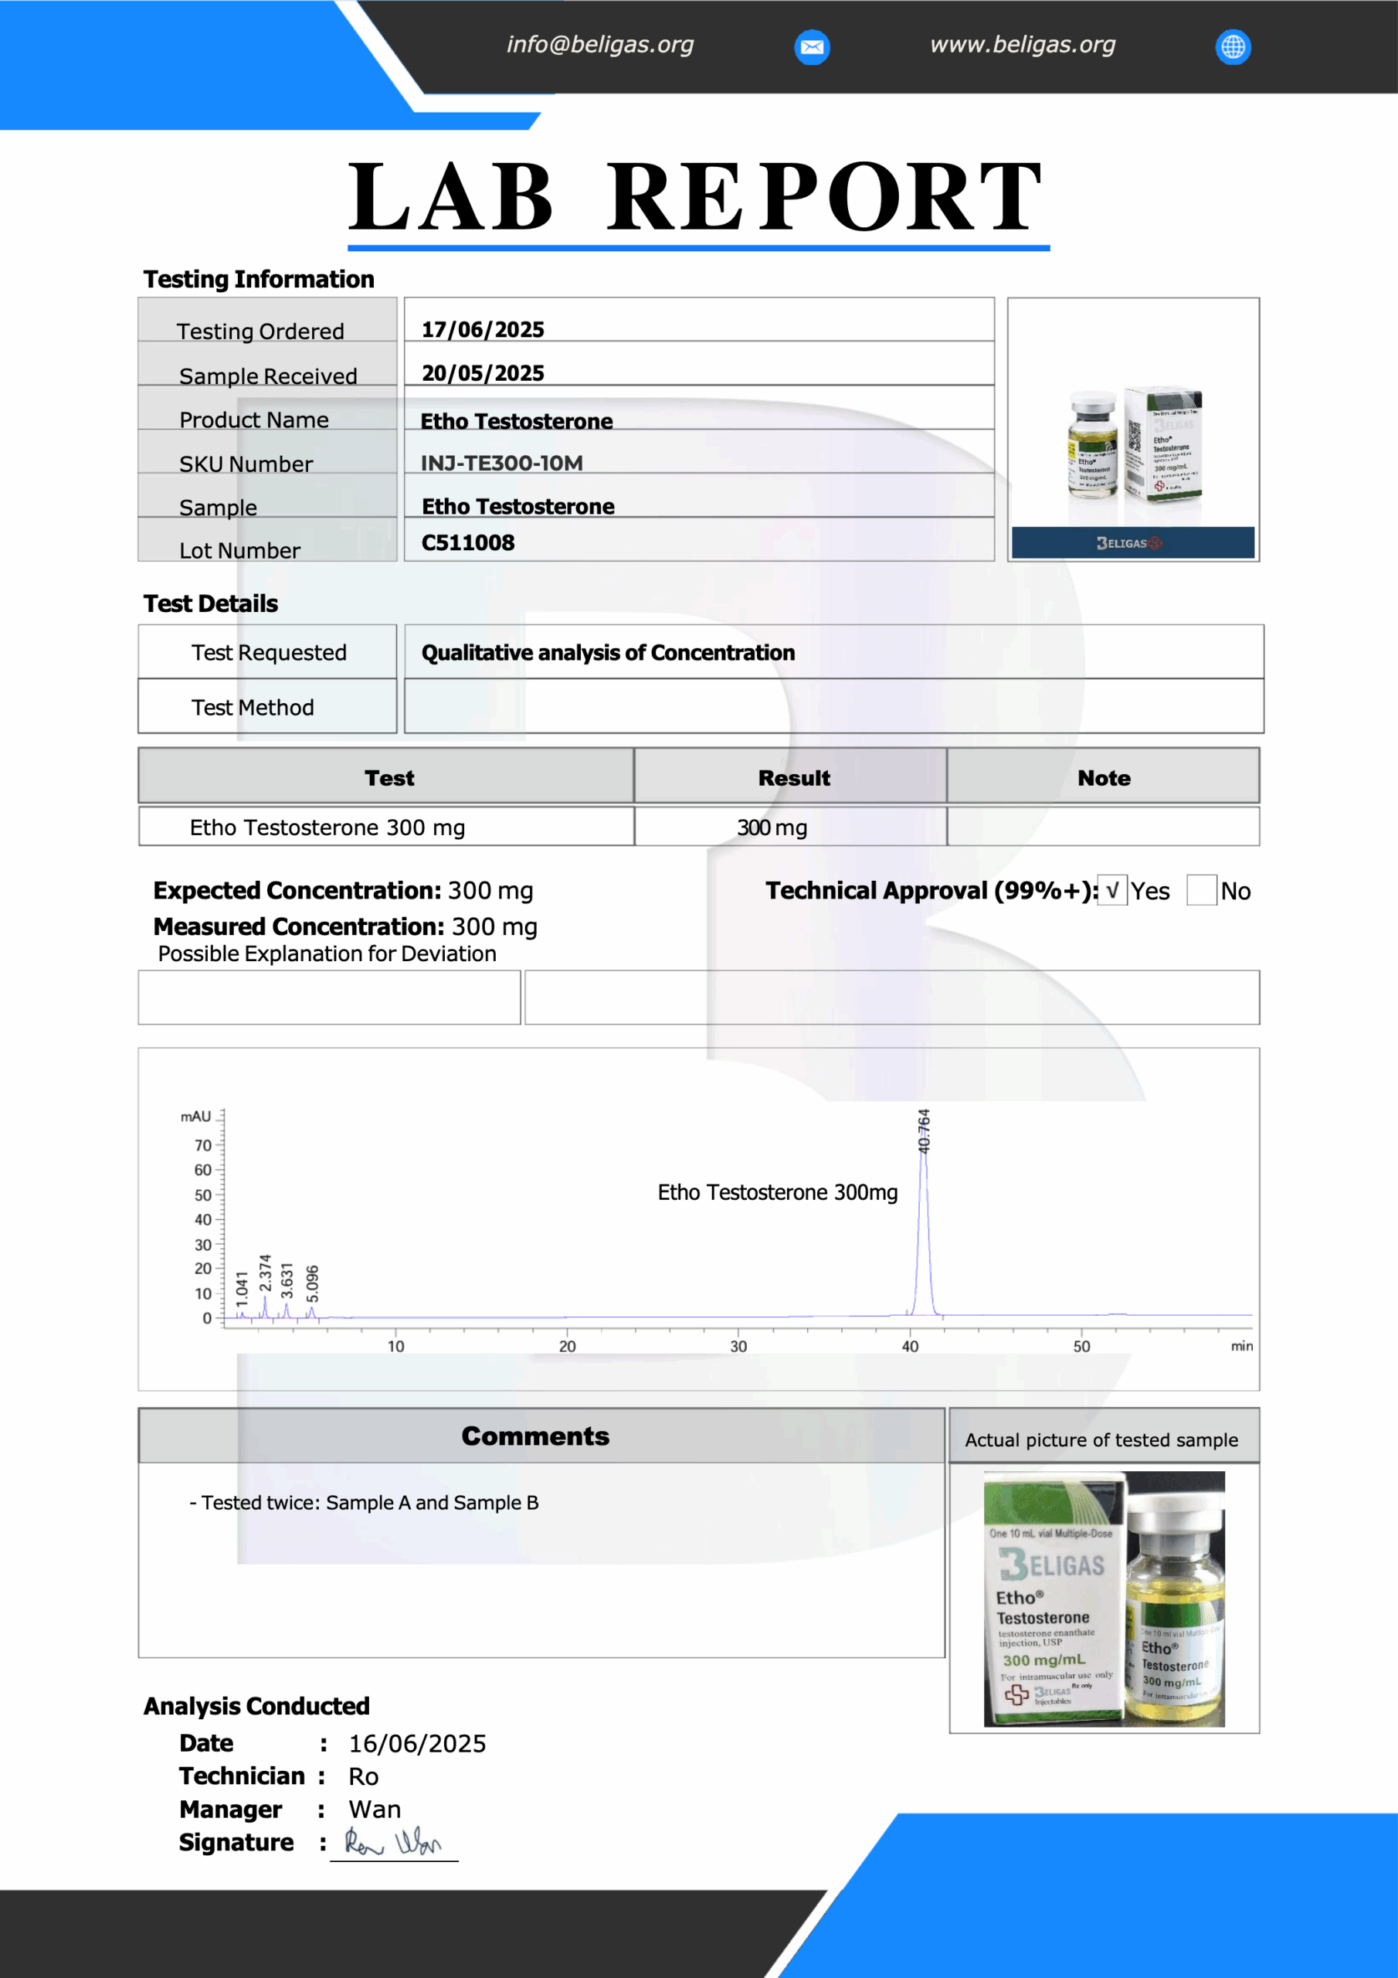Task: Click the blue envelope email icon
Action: click(812, 46)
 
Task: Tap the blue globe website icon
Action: click(1233, 46)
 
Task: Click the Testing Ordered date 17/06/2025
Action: click(483, 329)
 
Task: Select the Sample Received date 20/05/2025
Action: click(483, 373)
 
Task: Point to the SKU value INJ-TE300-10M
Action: click(501, 464)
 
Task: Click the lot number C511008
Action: click(468, 542)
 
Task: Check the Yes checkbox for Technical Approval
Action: click(1112, 890)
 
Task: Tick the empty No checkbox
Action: click(1201, 890)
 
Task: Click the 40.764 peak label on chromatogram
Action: click(924, 1131)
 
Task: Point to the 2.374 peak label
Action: click(265, 1273)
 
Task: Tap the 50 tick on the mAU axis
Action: click(202, 1195)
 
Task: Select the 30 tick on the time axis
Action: click(738, 1347)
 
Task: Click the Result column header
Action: click(793, 778)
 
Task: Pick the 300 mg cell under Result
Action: click(772, 828)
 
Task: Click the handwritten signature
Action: click(393, 1843)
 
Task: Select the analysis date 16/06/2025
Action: click(417, 1744)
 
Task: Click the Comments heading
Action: click(535, 1436)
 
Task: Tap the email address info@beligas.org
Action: click(599, 45)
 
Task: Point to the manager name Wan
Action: click(375, 1809)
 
